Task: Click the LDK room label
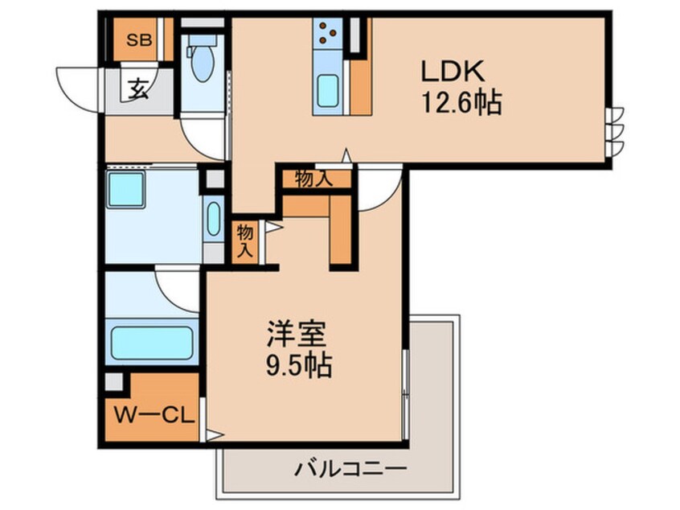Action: [x=453, y=71]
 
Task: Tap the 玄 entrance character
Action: [x=138, y=88]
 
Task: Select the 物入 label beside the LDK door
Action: [x=313, y=179]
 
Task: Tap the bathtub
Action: [x=151, y=343]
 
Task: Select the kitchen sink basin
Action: [x=328, y=89]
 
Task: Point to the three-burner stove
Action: [x=328, y=33]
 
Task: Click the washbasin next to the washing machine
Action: [x=213, y=218]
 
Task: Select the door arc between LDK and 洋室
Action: [x=378, y=191]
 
